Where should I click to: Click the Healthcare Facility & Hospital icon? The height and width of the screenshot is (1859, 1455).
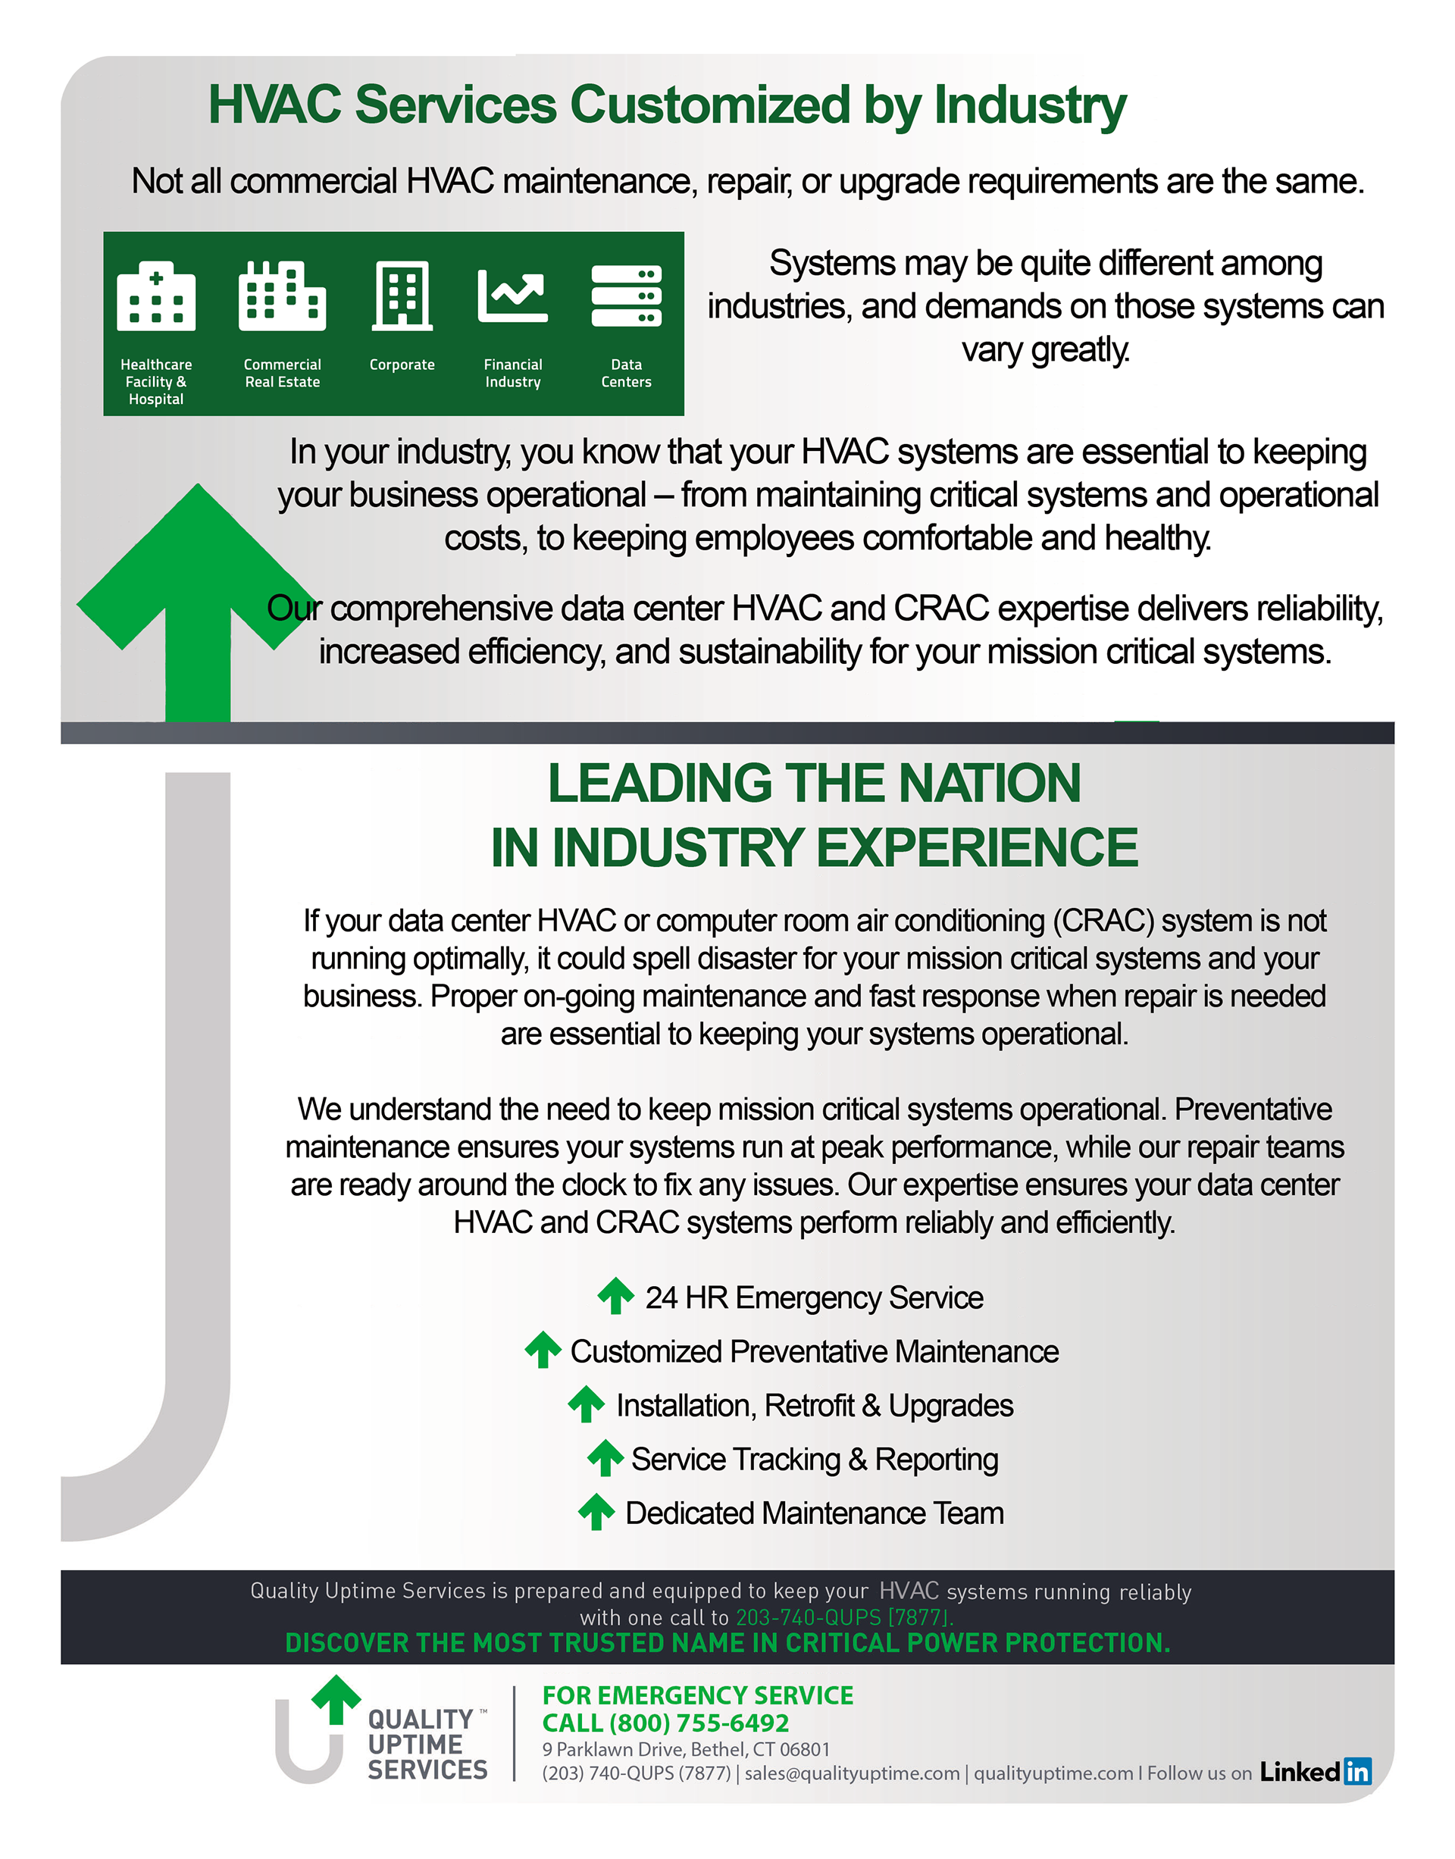pos(156,296)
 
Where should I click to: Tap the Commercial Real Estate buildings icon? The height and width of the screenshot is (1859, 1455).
pos(282,296)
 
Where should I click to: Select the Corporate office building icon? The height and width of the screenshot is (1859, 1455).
pos(402,296)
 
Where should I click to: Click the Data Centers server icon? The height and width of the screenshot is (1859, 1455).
pos(626,296)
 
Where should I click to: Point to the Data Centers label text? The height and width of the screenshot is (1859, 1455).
pos(626,373)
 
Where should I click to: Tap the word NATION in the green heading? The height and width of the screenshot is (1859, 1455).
pos(989,783)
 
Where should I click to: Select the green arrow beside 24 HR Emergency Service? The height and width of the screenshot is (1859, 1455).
pos(615,1296)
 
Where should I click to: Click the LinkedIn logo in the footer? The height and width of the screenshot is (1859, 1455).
pos(1316,1772)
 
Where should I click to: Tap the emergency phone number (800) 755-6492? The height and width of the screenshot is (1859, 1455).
pos(699,1723)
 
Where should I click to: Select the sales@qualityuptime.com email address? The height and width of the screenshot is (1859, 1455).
pos(852,1773)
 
